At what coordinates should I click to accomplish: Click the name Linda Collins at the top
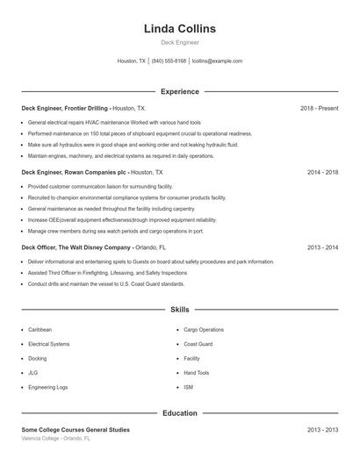point(179,28)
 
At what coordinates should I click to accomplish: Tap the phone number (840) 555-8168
point(169,61)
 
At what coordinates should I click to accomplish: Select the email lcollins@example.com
point(217,61)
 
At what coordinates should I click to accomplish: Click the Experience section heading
point(179,91)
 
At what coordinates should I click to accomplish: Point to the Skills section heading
point(179,310)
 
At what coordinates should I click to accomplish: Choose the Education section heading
point(179,412)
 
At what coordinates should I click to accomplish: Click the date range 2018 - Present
point(319,108)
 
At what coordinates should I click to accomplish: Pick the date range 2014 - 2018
point(322,173)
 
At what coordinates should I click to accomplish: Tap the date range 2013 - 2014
point(322,247)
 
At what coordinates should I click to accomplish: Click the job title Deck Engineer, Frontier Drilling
point(64,108)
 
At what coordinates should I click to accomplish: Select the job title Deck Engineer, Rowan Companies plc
point(74,173)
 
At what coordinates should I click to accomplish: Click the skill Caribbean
point(40,330)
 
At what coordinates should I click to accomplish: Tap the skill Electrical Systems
point(48,344)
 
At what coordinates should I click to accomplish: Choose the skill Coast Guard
point(198,344)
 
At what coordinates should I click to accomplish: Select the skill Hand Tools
point(197,372)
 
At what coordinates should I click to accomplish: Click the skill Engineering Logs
point(47,386)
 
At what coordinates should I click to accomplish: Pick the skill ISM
point(188,386)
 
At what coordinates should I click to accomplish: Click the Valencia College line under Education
point(57,437)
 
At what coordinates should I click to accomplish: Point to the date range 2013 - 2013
point(322,430)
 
